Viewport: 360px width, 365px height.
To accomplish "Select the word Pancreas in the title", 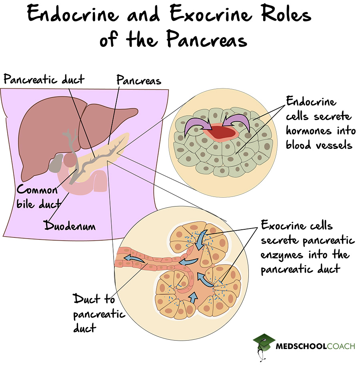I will point(205,40).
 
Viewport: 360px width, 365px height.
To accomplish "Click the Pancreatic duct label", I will point(44,79).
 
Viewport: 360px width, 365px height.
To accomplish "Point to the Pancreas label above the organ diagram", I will point(139,80).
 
